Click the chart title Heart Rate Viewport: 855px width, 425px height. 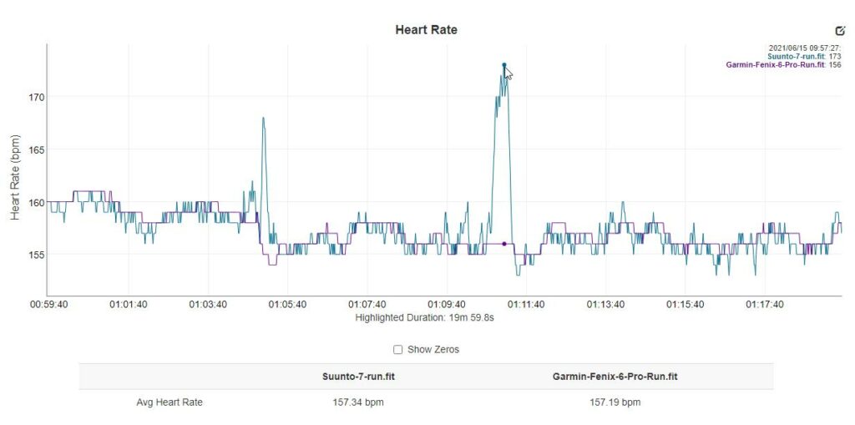[x=426, y=30]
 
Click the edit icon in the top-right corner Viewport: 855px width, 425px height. [x=840, y=30]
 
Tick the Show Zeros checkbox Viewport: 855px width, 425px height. [x=398, y=350]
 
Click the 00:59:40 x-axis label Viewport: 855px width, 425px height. [x=49, y=305]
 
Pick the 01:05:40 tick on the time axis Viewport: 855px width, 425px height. [x=287, y=305]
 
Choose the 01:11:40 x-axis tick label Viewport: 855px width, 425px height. [x=525, y=305]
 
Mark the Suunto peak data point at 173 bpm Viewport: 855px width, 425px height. [x=504, y=65]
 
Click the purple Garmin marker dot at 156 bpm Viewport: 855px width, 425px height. [x=504, y=244]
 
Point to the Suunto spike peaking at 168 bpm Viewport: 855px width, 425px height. [x=263, y=119]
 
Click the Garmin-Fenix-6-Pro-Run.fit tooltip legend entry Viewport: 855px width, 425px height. [x=776, y=64]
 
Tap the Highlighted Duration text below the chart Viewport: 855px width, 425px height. [x=426, y=318]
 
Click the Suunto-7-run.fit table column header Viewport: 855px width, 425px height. [x=358, y=377]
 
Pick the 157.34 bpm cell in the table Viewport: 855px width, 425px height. [x=358, y=402]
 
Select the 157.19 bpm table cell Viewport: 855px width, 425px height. [x=615, y=402]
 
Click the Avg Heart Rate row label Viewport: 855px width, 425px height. [x=169, y=402]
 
